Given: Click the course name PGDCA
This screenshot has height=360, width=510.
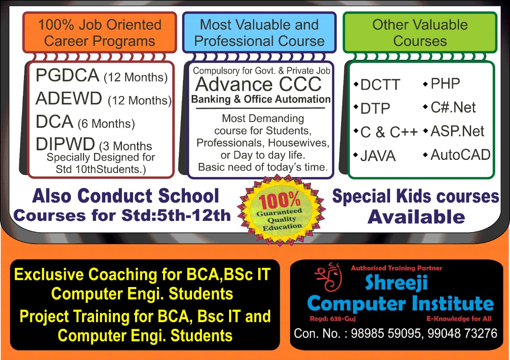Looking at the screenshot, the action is click(x=67, y=75).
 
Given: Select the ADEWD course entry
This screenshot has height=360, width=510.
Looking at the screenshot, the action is click(x=69, y=98).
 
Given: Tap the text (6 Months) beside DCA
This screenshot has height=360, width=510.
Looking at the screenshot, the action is click(x=106, y=124).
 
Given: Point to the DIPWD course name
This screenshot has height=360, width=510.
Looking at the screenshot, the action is click(x=65, y=144).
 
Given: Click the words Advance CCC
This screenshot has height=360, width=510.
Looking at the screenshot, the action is click(x=259, y=84).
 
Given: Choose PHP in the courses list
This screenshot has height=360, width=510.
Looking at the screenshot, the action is click(x=442, y=83).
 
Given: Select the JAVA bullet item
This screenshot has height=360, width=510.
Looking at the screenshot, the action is click(x=375, y=156).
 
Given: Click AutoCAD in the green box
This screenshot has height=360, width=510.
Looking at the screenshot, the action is click(x=457, y=155).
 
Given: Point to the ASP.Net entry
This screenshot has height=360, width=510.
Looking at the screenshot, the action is click(x=453, y=131).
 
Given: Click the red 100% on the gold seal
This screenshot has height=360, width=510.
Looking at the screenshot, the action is click(x=279, y=200).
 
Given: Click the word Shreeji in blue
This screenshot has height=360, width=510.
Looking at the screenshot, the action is click(x=396, y=283).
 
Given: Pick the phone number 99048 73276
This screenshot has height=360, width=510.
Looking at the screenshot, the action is click(x=463, y=334).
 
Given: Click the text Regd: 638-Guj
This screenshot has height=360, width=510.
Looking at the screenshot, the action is click(x=333, y=319).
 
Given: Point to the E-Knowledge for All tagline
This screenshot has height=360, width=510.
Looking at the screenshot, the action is click(x=459, y=319).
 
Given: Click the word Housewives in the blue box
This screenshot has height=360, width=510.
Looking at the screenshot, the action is click(x=298, y=143).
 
